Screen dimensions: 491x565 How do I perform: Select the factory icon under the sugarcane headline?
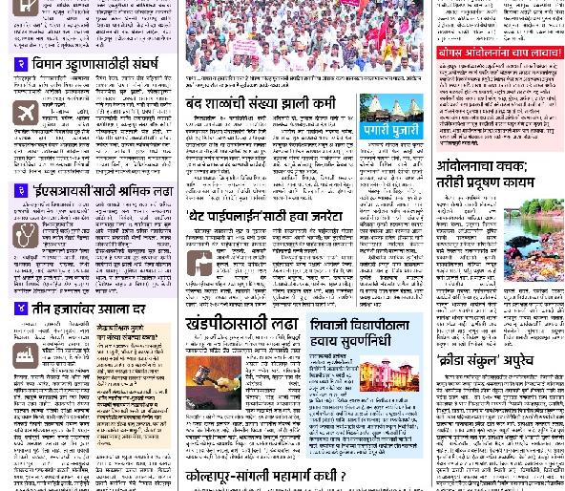pyautogui.click(x=26, y=355)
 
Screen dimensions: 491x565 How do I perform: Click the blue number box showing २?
pyautogui.click(x=21, y=64)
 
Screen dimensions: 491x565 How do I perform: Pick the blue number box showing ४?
pyautogui.click(x=21, y=309)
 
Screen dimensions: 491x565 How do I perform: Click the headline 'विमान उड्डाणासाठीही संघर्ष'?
pyautogui.click(x=95, y=64)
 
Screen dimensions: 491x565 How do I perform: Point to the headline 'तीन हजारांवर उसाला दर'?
pyautogui.click(x=89, y=310)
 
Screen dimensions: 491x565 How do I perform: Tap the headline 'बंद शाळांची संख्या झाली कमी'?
pyautogui.click(x=261, y=102)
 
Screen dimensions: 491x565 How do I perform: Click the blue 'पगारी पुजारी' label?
pyautogui.click(x=391, y=128)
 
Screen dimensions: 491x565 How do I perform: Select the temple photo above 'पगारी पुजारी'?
pyautogui.click(x=391, y=107)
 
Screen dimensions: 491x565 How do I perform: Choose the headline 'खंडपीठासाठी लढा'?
pyautogui.click(x=242, y=325)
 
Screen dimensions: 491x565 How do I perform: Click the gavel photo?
pyautogui.click(x=213, y=381)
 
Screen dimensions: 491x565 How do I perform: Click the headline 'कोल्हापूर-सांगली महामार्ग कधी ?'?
pyautogui.click(x=265, y=476)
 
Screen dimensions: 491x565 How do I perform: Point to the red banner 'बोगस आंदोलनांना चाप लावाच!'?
pyautogui.click(x=499, y=53)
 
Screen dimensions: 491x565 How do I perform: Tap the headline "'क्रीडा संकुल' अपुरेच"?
pyautogui.click(x=485, y=360)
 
